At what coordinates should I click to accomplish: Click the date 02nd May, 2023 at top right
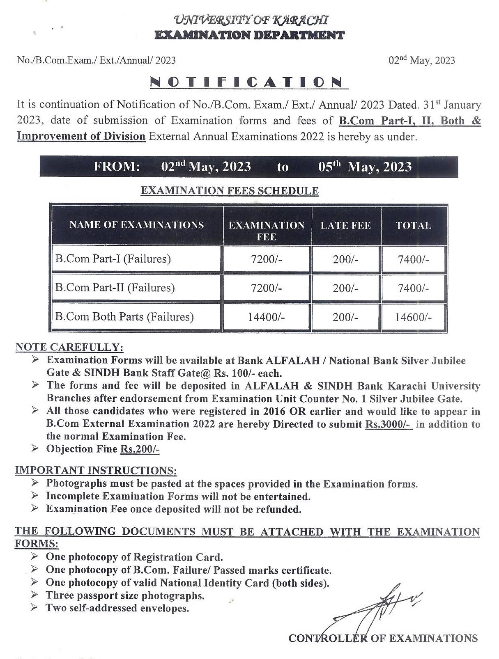(422, 60)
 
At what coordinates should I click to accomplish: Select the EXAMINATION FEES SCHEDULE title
(230, 190)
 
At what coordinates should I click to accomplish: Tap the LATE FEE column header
(346, 225)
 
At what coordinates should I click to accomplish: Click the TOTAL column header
(413, 225)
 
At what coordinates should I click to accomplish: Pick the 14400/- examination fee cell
(266, 317)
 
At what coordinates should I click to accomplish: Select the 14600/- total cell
(413, 317)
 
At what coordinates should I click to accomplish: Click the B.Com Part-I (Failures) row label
(113, 259)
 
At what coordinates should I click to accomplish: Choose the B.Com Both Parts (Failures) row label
(124, 317)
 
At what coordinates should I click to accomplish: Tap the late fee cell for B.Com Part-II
(346, 288)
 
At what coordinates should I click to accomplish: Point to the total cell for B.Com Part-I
(413, 259)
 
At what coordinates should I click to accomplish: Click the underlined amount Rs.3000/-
(388, 424)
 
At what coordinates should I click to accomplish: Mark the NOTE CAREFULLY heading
(69, 347)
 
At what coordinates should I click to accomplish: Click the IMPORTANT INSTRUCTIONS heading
(96, 470)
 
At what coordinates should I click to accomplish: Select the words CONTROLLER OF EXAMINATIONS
(383, 638)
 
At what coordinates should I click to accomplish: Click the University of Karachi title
(251, 19)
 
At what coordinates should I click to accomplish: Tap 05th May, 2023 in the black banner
(365, 167)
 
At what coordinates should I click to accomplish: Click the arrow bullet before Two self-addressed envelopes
(35, 607)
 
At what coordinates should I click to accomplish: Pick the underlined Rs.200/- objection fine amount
(140, 449)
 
